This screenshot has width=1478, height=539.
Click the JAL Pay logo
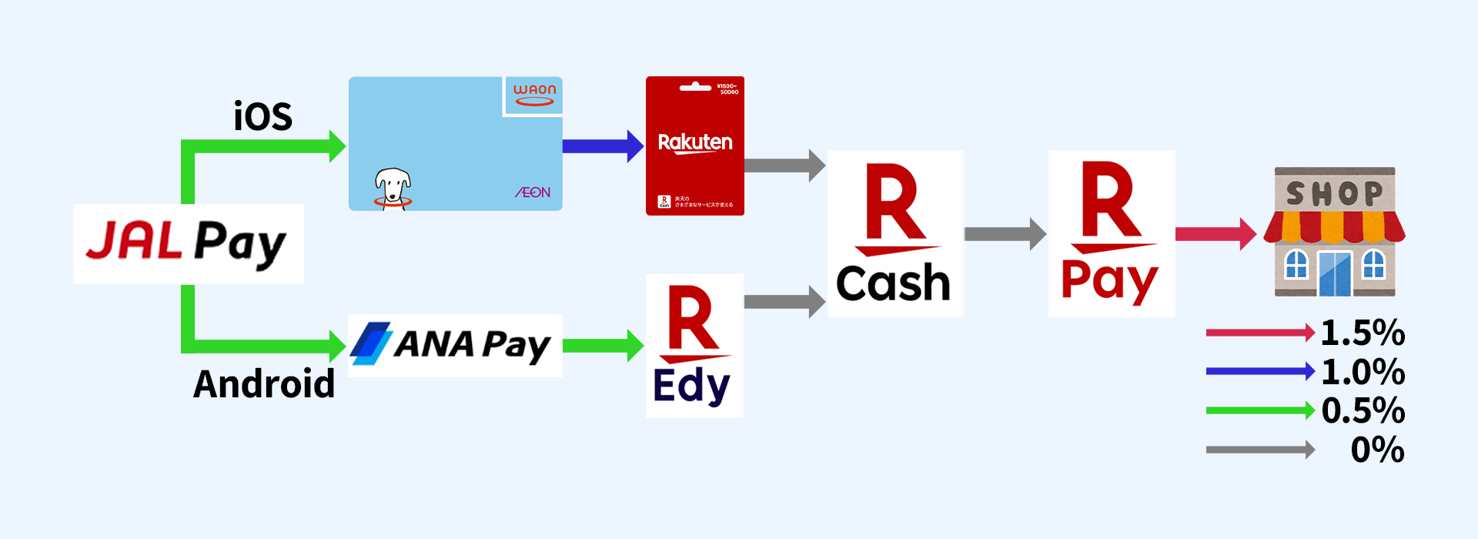point(188,243)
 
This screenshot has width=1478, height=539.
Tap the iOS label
point(262,117)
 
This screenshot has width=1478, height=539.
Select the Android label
point(264,383)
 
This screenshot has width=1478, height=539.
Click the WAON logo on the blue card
point(534,95)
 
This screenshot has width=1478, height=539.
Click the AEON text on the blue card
point(533,192)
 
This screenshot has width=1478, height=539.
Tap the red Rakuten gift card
point(694,146)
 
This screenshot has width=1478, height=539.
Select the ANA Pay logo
point(454,345)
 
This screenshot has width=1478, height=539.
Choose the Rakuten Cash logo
point(894,233)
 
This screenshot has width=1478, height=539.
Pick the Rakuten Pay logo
point(1111,233)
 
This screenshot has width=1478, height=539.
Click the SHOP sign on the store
point(1334,193)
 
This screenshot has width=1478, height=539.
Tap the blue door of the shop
point(1335,273)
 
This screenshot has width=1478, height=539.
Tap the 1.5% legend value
point(1363,333)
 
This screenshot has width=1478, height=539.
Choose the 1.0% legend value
point(1363,372)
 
